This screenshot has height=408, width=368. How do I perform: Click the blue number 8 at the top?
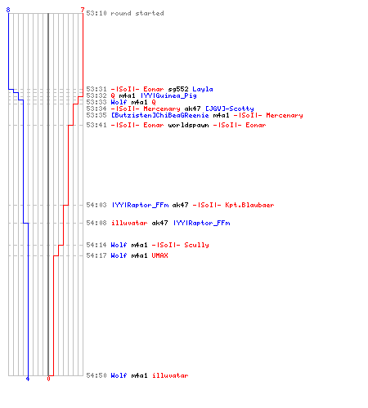[8, 10]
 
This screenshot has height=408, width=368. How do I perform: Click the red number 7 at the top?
[83, 10]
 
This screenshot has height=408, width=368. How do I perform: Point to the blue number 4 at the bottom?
[28, 379]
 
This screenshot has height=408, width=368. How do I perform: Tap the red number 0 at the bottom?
[48, 379]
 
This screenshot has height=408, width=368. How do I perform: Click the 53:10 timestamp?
[96, 13]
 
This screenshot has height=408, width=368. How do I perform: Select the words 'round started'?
[137, 13]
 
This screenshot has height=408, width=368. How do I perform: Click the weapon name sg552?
[178, 89]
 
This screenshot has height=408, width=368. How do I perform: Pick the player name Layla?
[203, 89]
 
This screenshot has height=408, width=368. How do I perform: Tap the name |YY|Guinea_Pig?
[168, 95]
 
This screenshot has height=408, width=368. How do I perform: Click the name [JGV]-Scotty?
[230, 109]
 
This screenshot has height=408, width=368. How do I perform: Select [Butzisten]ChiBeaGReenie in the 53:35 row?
[160, 115]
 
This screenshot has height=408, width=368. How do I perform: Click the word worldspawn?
[188, 125]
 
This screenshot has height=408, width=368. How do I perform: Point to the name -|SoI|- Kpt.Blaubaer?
[233, 205]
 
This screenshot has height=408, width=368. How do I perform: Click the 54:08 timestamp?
[96, 223]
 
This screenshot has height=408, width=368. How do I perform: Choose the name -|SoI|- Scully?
[181, 245]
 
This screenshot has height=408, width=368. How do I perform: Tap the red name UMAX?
[160, 255]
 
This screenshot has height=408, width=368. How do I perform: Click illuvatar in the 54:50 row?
[170, 375]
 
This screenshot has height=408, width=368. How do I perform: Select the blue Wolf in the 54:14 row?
[119, 245]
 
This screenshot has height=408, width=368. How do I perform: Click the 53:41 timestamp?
[96, 125]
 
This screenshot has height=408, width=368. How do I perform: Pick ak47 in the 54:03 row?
[180, 205]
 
